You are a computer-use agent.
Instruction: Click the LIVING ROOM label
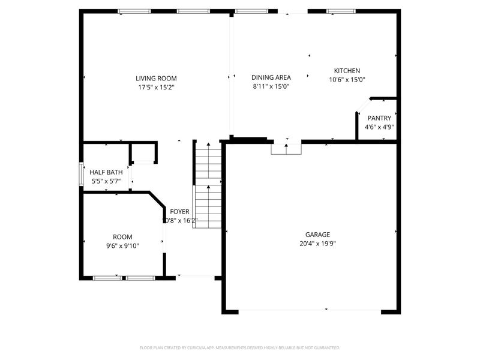point(156,78)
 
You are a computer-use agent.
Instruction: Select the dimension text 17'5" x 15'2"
point(156,88)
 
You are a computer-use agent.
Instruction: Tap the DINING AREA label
point(271,77)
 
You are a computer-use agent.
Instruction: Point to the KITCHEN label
point(347,71)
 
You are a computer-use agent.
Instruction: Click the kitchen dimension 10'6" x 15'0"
point(347,80)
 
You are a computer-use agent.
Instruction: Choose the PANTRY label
point(379,118)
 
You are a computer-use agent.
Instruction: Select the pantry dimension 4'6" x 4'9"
point(379,127)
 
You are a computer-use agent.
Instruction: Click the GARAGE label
point(317,235)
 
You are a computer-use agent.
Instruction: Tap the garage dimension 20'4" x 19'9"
point(317,244)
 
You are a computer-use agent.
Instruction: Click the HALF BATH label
point(106,172)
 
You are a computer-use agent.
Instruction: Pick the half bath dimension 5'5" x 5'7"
point(106,181)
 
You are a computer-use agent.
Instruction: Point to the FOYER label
point(179,212)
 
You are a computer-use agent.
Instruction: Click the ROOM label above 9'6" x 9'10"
point(122,236)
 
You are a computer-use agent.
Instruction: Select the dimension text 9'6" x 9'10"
point(122,245)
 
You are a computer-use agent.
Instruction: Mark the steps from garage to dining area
point(286,148)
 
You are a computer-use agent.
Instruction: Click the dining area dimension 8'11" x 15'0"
point(271,86)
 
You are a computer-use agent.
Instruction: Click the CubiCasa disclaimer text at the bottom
point(240,347)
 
